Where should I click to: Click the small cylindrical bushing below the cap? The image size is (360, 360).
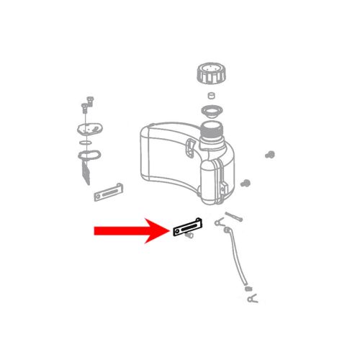pyautogui.click(x=212, y=96)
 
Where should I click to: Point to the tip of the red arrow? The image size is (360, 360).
pyautogui.click(x=167, y=231)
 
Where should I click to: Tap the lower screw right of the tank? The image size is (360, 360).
pyautogui.click(x=247, y=181)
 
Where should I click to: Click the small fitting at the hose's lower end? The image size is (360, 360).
pyautogui.click(x=248, y=289)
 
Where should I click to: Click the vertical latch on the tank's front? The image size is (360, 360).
pyautogui.click(x=190, y=149)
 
